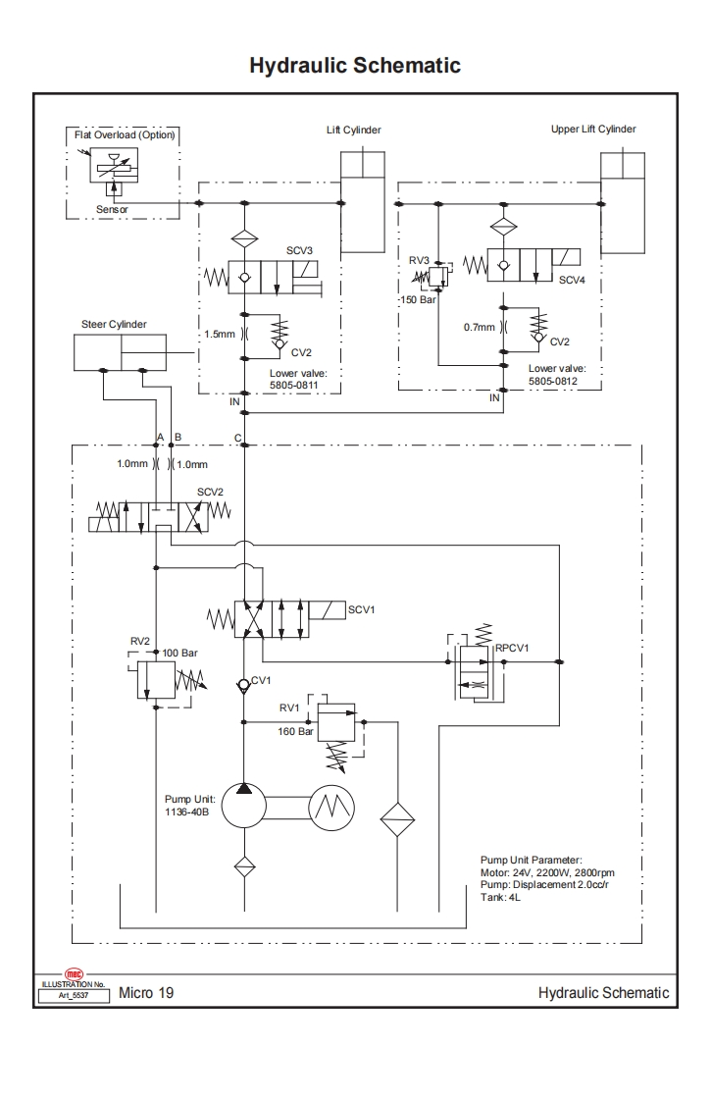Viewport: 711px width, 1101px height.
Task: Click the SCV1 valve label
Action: coord(361,609)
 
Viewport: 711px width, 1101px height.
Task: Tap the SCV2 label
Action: coord(211,491)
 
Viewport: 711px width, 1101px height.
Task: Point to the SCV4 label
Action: coord(572,280)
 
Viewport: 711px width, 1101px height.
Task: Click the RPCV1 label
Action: coord(512,648)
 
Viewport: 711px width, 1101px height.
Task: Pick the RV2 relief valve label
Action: coord(140,640)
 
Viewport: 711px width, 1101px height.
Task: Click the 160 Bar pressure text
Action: coord(295,731)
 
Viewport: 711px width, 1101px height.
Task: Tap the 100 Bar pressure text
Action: coord(181,653)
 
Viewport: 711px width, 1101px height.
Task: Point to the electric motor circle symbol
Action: coord(330,807)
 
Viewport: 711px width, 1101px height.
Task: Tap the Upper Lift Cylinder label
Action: coord(593,130)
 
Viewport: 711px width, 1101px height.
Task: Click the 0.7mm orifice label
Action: coord(480,327)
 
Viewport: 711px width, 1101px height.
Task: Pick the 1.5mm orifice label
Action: coord(220,334)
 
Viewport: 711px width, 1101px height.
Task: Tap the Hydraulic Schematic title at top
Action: coord(355,66)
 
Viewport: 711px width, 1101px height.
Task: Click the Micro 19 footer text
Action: coord(146,993)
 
